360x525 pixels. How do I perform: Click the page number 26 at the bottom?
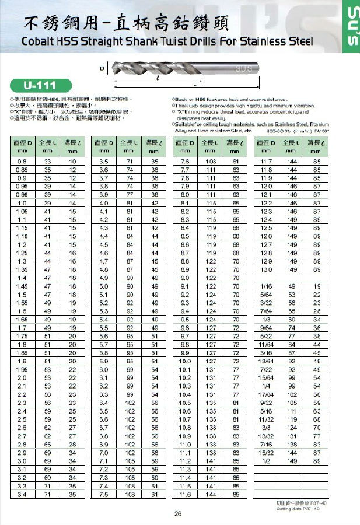pyautogui.click(x=179, y=514)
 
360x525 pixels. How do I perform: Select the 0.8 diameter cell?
pyautogui.click(x=22, y=161)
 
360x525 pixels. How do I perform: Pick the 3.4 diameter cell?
pyautogui.click(x=22, y=495)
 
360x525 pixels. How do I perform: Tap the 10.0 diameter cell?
pyautogui.click(x=185, y=360)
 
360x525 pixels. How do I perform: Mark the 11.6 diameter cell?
pyautogui.click(x=185, y=495)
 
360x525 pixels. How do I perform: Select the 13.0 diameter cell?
pyautogui.click(x=266, y=270)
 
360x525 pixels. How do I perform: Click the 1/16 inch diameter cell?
pyautogui.click(x=266, y=286)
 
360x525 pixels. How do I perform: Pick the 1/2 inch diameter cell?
pyautogui.click(x=266, y=461)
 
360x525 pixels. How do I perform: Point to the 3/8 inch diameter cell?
pyautogui.click(x=266, y=427)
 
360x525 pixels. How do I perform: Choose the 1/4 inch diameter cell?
pyautogui.click(x=266, y=386)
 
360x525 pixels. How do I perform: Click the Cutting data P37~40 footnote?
pyautogui.click(x=296, y=509)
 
